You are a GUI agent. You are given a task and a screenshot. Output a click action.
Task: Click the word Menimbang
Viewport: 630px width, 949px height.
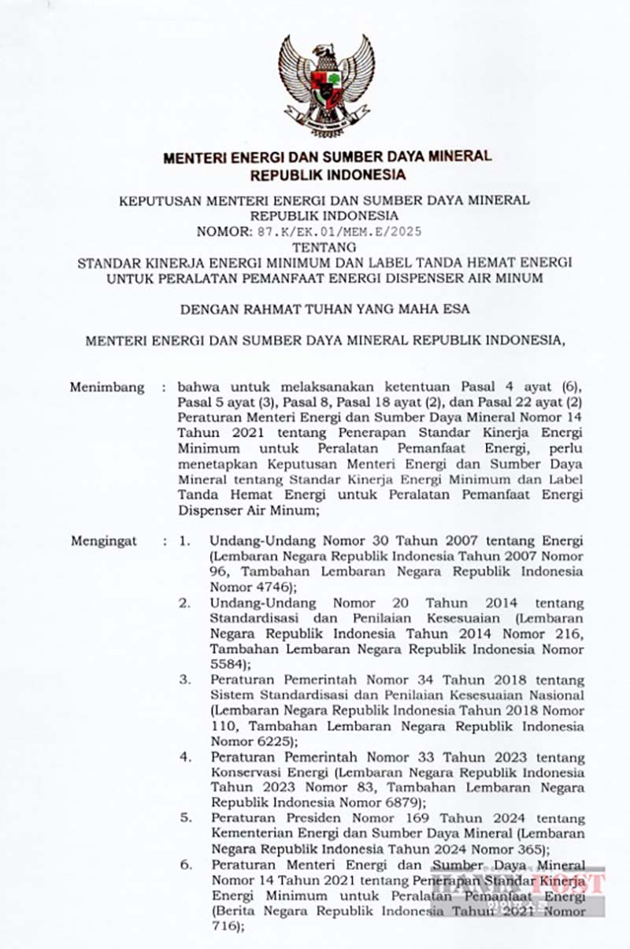pyautogui.click(x=107, y=387)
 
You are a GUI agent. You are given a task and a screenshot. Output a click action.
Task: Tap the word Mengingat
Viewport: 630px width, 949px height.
pyautogui.click(x=104, y=541)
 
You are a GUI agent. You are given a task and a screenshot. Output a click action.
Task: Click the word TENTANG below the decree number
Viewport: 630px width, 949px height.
pyautogui.click(x=324, y=246)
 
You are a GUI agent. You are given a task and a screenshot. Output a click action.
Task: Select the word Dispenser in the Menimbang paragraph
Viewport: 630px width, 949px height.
pyautogui.click(x=208, y=510)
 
